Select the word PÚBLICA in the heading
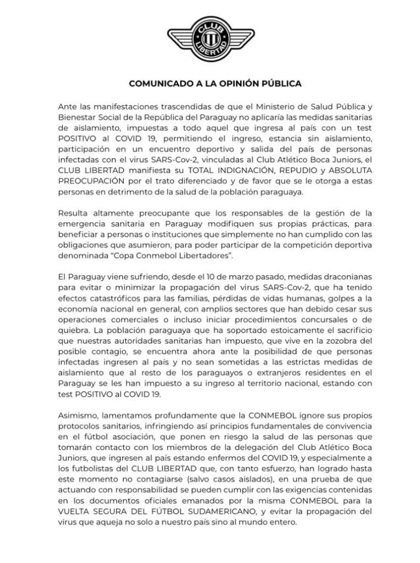[x=280, y=84]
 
